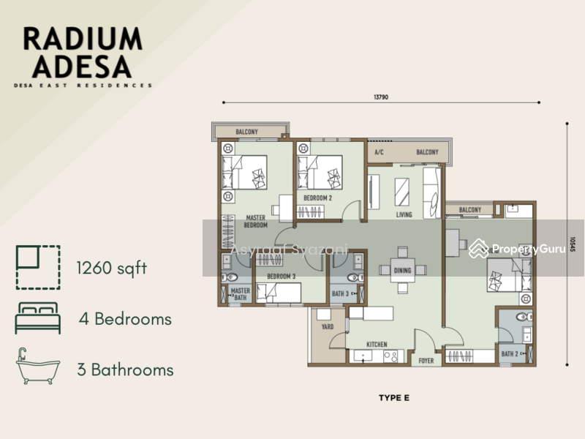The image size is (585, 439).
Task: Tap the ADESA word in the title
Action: pyautogui.click(x=78, y=67)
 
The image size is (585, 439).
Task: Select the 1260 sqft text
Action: pyautogui.click(x=112, y=268)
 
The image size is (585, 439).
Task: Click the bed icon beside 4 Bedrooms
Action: pyautogui.click(x=37, y=319)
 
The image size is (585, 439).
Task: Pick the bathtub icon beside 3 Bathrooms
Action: pyautogui.click(x=37, y=368)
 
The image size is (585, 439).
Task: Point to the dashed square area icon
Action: pyautogui.click(x=37, y=267)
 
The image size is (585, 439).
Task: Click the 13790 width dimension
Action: pyautogui.click(x=381, y=96)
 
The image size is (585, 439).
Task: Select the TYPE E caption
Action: pyautogui.click(x=394, y=398)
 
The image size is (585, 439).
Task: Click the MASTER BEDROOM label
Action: pyautogui.click(x=256, y=221)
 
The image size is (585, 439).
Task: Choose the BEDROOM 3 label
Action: pyautogui.click(x=281, y=276)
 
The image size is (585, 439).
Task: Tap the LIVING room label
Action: pyautogui.click(x=404, y=215)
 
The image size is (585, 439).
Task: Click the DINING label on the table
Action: pyautogui.click(x=402, y=271)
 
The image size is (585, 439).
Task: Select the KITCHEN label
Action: pyautogui.click(x=377, y=344)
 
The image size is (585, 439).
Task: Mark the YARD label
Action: pyautogui.click(x=328, y=327)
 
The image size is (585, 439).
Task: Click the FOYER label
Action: pyautogui.click(x=426, y=360)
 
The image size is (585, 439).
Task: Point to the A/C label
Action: pyautogui.click(x=379, y=153)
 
